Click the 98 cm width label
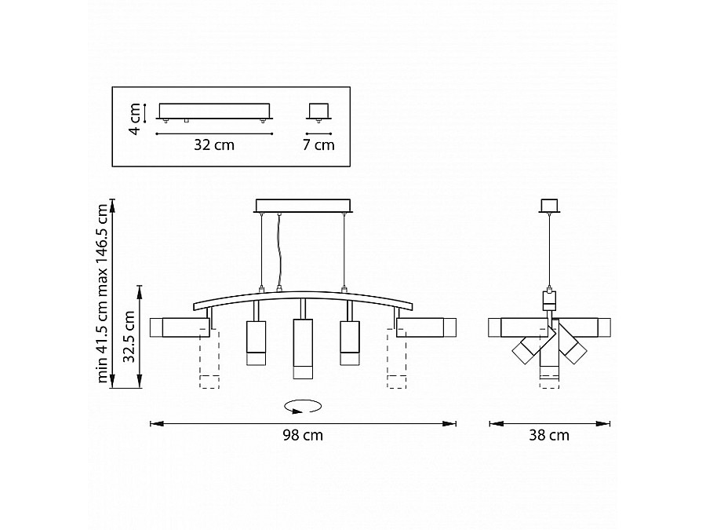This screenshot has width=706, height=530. pyautogui.click(x=303, y=435)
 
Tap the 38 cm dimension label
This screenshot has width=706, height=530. pyautogui.click(x=549, y=435)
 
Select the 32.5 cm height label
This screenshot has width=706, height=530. pyautogui.click(x=129, y=337)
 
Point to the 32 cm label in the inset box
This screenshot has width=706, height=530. pyautogui.click(x=214, y=145)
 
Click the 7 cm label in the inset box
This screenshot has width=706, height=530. pyautogui.click(x=318, y=145)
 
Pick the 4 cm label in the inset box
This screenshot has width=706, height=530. pyautogui.click(x=135, y=119)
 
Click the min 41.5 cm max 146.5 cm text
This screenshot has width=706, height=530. pyautogui.click(x=103, y=294)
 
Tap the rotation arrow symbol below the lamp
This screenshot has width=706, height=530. pyautogui.click(x=303, y=406)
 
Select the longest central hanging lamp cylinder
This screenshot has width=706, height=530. pyautogui.click(x=303, y=349)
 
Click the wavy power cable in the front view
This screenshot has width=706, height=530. pyautogui.click(x=279, y=251)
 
